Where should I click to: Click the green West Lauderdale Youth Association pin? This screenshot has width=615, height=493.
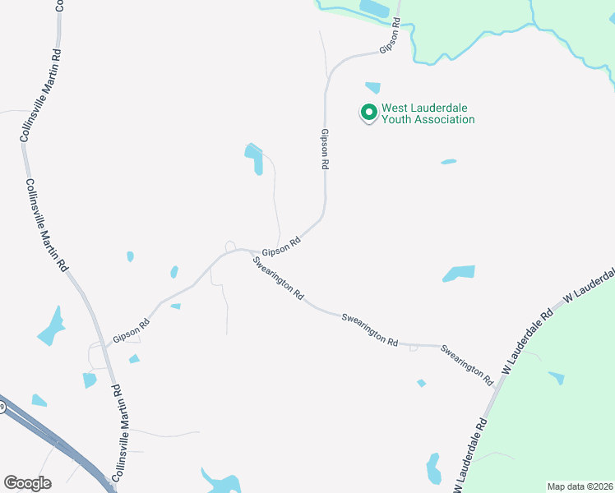tap(369, 112)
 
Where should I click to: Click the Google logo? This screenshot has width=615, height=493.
tap(27, 482)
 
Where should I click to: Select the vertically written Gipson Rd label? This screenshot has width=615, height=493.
tap(325, 149)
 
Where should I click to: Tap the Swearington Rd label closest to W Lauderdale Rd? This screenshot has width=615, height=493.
tap(466, 365)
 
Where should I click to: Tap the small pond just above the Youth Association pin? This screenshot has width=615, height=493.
tap(373, 87)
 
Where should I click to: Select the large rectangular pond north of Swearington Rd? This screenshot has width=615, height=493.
tap(460, 273)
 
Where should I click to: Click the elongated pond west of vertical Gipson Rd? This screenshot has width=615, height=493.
tap(255, 158)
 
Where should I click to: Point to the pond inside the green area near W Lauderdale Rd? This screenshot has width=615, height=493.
tap(557, 377)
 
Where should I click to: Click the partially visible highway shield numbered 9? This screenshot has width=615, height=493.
tap(2, 408)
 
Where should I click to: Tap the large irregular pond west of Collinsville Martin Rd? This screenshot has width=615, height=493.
tap(51, 326)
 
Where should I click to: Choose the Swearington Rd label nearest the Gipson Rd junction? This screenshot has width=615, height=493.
tap(279, 279)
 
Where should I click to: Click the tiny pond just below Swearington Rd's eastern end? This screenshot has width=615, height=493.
tap(422, 383)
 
